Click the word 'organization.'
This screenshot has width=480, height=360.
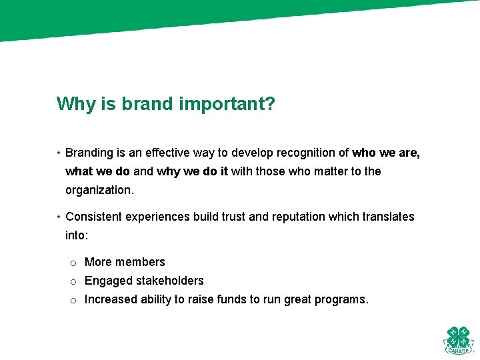99,190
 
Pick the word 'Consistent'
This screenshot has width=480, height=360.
93,217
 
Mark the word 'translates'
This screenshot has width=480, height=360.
388,217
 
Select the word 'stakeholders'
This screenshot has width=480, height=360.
171,281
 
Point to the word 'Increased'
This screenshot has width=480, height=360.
111,299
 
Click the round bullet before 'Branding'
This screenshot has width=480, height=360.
59,153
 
